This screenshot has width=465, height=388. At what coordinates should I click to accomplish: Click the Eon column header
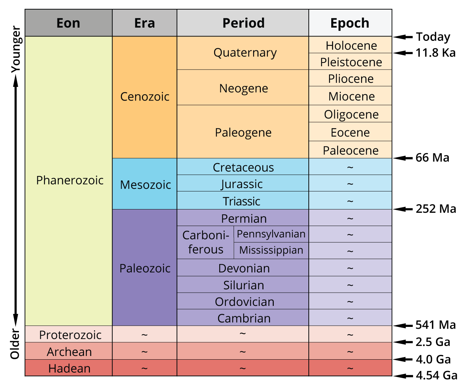(69, 23)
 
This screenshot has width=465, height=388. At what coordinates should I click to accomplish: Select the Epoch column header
(350, 23)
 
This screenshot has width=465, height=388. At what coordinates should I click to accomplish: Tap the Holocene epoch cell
(351, 45)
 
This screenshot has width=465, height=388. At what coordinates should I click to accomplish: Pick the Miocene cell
(351, 96)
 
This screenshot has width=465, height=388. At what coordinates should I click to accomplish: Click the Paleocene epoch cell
(350, 150)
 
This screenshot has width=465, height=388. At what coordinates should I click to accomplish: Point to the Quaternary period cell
(245, 53)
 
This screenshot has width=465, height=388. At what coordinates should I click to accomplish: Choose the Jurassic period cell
(242, 184)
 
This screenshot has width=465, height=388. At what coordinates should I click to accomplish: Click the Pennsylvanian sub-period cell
(271, 234)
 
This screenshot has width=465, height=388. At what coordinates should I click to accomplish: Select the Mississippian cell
(271, 250)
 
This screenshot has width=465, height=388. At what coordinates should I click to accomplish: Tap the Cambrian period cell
(244, 318)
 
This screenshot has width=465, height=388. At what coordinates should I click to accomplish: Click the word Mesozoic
(145, 184)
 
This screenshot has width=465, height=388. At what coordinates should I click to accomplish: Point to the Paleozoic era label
(145, 268)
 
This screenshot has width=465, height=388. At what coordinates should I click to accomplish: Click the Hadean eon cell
(69, 368)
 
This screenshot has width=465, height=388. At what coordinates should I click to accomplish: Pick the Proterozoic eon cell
(70, 335)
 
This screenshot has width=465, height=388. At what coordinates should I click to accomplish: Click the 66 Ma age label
(432, 158)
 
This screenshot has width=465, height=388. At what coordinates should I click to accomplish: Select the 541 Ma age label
(436, 325)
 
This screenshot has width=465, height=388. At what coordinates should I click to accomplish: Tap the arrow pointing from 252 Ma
(403, 209)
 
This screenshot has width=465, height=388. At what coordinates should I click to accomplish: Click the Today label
(433, 36)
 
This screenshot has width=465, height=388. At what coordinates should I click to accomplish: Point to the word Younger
(15, 49)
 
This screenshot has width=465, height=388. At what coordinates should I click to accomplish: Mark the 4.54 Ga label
(436, 375)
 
